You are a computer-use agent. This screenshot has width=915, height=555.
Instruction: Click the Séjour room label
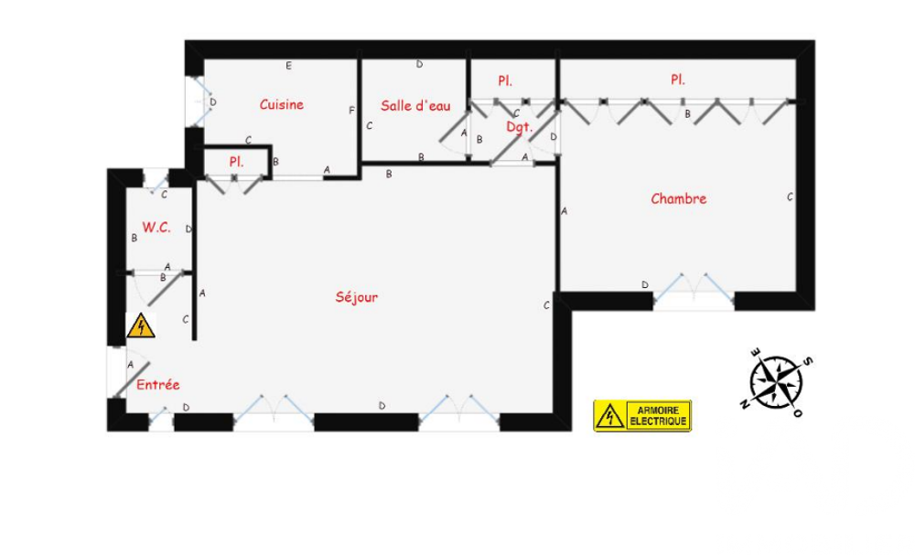pyautogui.click(x=356, y=297)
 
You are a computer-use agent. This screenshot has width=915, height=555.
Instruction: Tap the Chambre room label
pyautogui.click(x=678, y=198)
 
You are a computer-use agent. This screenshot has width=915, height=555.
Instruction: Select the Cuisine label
pyautogui.click(x=281, y=105)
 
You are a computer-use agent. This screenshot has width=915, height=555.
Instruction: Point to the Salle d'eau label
pyautogui.click(x=415, y=106)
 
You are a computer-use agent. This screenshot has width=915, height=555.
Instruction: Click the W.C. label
pyautogui.click(x=156, y=227)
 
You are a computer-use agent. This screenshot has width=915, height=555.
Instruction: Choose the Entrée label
pyautogui.click(x=157, y=385)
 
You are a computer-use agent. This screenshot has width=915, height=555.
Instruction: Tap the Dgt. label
pyautogui.click(x=519, y=127)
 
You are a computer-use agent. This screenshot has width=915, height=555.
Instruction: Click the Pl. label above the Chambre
pyautogui.click(x=677, y=80)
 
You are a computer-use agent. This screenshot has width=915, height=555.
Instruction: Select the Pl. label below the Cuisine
pyautogui.click(x=236, y=162)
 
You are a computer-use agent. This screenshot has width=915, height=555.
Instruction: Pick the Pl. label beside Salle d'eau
pyautogui.click(x=505, y=81)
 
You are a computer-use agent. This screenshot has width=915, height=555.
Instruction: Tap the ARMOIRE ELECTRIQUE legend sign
pyautogui.click(x=641, y=416)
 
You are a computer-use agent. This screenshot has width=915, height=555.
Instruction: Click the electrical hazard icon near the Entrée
pyautogui.click(x=140, y=326)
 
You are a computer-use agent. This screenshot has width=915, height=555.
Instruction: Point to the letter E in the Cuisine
pyautogui.click(x=289, y=66)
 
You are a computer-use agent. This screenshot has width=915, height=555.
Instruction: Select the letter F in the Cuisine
pyautogui.click(x=351, y=111)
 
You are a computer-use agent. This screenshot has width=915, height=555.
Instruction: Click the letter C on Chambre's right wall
pyautogui.click(x=790, y=197)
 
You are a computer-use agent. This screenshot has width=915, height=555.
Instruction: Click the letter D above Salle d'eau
pyautogui.click(x=419, y=65)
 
